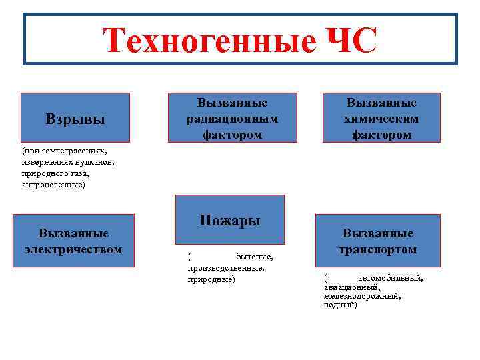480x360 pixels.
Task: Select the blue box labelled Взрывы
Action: click(x=75, y=119)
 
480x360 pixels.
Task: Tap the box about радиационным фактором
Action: click(x=232, y=118)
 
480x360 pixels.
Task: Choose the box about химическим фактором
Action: click(x=381, y=118)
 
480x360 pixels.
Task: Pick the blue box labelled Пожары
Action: click(x=229, y=220)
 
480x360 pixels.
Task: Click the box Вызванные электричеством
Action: click(x=73, y=241)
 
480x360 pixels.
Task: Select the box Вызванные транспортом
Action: click(x=377, y=241)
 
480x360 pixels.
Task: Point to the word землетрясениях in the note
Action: click(x=74, y=151)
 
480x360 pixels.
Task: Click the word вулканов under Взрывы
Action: click(x=97, y=162)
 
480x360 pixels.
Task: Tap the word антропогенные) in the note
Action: click(x=53, y=184)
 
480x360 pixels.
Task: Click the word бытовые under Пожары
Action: click(x=254, y=257)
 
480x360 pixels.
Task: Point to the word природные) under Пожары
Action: click(x=211, y=279)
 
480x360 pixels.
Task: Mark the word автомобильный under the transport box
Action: click(x=390, y=278)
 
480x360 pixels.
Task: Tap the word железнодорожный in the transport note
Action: click(x=362, y=296)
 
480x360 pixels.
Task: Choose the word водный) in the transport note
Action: click(x=340, y=305)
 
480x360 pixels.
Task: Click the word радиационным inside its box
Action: click(x=232, y=119)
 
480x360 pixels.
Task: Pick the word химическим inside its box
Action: click(x=381, y=119)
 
